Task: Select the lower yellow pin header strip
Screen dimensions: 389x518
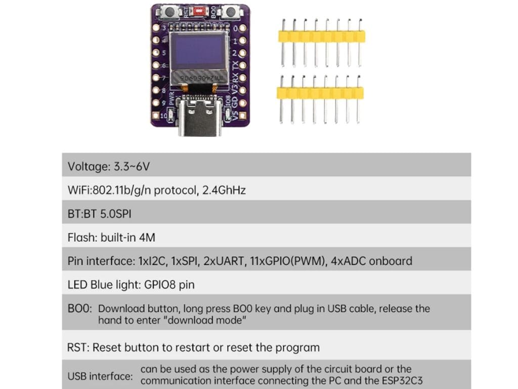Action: pyautogui.click(x=320, y=93)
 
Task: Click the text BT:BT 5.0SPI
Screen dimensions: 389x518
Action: pyautogui.click(x=99, y=214)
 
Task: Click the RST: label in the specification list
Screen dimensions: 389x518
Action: pyautogui.click(x=78, y=347)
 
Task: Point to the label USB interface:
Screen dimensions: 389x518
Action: pyautogui.click(x=100, y=376)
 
